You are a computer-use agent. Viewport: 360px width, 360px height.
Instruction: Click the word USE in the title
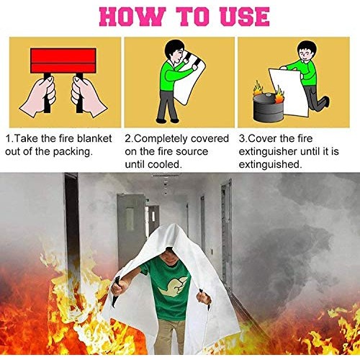[240, 16]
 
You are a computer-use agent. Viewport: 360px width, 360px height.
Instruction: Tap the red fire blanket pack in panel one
[63, 61]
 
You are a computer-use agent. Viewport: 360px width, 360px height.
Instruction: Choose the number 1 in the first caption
[8, 138]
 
